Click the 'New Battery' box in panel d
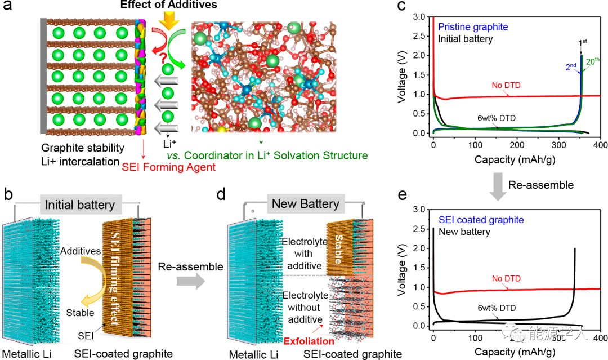click(306, 204)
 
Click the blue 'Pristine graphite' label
click(473, 27)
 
